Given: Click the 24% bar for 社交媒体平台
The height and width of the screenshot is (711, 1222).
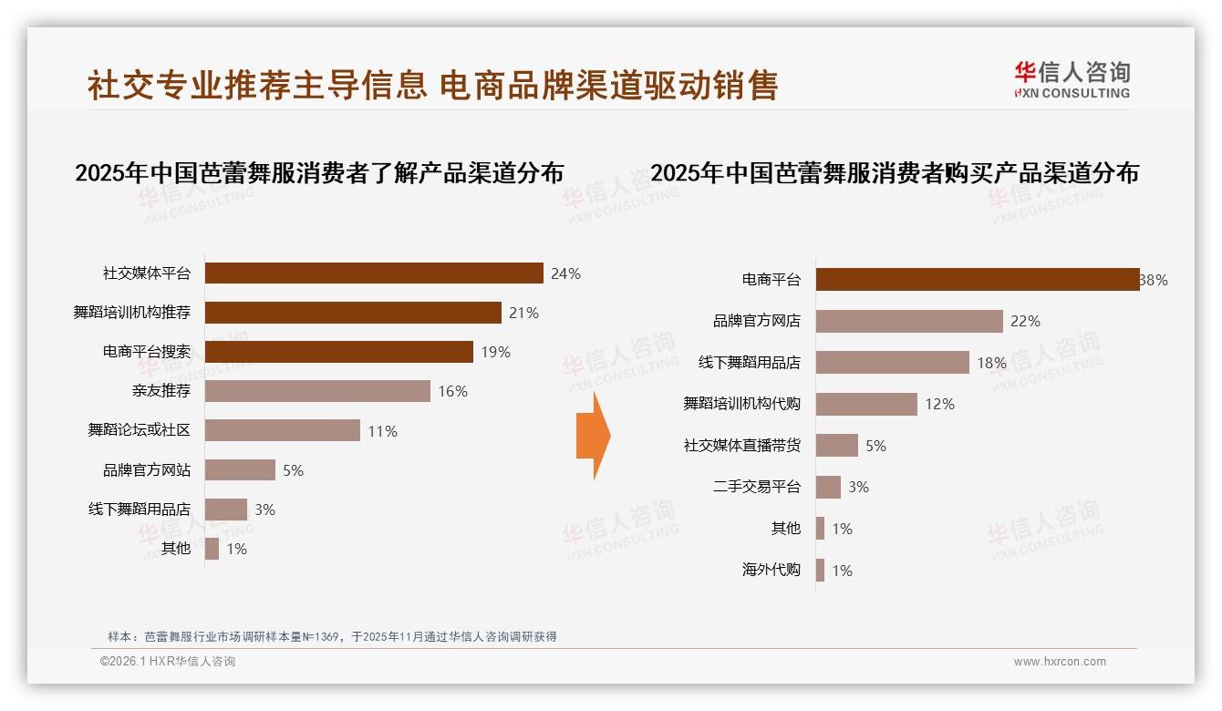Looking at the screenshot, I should click(x=374, y=273).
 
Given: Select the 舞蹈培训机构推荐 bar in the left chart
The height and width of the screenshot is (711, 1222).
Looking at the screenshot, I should click(x=353, y=313).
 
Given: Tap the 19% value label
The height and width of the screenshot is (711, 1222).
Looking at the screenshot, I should click(x=495, y=352).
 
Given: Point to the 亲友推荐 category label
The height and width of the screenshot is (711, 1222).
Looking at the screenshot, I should click(x=161, y=391).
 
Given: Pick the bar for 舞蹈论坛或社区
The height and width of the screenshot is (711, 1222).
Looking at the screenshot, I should click(x=283, y=430).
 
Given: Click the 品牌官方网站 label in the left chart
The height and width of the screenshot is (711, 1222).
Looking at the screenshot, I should click(x=147, y=470).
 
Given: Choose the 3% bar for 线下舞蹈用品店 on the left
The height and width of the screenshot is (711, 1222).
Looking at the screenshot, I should click(x=226, y=510).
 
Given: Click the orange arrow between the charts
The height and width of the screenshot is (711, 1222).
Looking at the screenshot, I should click(x=594, y=436).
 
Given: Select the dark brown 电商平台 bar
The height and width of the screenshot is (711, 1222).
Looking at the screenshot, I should click(x=977, y=280).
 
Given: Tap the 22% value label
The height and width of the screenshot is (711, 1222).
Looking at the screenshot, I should click(x=1025, y=321).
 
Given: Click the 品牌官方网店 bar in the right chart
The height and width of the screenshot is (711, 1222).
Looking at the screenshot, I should click(x=909, y=321).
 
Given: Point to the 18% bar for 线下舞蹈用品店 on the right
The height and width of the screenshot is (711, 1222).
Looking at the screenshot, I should click(x=892, y=363).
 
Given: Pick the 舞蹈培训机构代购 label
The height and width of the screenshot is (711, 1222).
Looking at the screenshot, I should click(x=741, y=404).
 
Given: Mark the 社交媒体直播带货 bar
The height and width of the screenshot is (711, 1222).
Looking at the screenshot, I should click(x=837, y=446).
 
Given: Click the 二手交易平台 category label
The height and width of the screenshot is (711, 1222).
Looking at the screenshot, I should click(x=756, y=487).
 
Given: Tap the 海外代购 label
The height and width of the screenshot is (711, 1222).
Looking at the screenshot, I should click(x=771, y=570).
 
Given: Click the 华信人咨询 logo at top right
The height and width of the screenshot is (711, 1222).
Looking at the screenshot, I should click(x=1072, y=79).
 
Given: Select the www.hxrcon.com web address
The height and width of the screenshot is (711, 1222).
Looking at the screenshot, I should click(x=1060, y=662).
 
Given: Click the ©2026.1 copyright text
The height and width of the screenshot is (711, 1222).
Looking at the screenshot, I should click(x=168, y=662).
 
